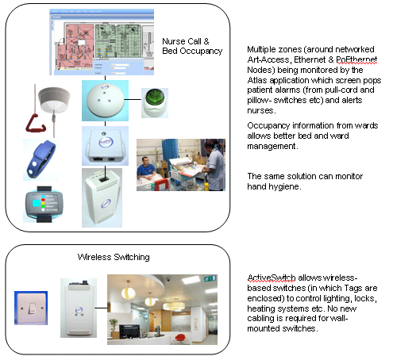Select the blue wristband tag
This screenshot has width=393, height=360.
tap(40, 159)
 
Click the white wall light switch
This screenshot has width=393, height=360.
tap(31, 308)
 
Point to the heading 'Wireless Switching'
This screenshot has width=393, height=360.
tap(114, 257)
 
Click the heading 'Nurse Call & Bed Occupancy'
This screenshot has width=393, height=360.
tap(192, 46)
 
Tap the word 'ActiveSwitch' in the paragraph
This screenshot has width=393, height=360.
tap(272, 278)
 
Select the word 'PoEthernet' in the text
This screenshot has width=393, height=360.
tap(356, 59)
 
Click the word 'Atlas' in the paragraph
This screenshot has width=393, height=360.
tap(257, 80)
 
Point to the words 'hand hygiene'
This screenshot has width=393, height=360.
tap(273, 186)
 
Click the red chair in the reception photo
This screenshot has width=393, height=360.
tap(180, 337)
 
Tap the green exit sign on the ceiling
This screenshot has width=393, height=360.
tap(210, 278)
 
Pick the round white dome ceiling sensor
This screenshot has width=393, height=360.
tap(106, 101)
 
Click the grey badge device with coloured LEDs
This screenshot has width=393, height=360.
tap(44, 204)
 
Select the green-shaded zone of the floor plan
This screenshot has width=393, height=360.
tap(118, 40)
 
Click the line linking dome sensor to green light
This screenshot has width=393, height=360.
tap(133, 100)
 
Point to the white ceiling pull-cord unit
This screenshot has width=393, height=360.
tap(54, 101)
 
